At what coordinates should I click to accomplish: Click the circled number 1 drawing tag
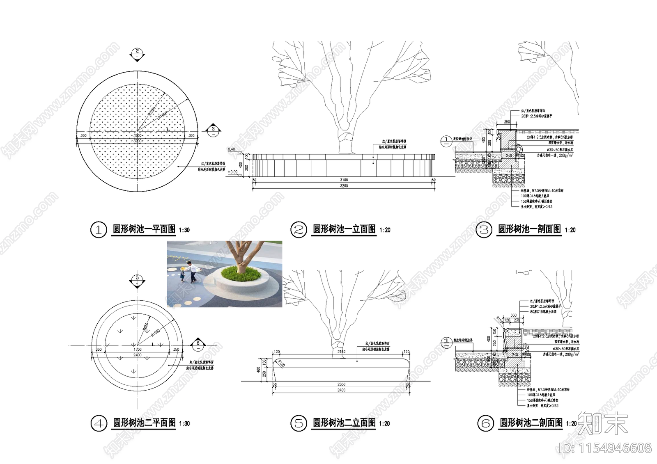point(98,230)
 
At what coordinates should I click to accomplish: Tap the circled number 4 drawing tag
point(99,423)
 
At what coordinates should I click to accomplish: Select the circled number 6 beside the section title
point(486,423)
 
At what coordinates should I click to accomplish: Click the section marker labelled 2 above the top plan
point(137,52)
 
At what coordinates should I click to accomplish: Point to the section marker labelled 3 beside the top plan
point(213,129)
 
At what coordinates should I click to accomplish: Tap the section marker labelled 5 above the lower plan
point(137,279)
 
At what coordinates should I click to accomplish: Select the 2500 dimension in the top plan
point(137,135)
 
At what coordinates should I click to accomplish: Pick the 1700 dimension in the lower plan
point(137,350)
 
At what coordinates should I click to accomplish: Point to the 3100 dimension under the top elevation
point(344,180)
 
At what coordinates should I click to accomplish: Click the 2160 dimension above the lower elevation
point(341,352)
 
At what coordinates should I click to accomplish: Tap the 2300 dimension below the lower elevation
point(341,384)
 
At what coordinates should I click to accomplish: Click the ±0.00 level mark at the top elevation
point(233,172)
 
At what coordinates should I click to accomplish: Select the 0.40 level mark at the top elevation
point(232,149)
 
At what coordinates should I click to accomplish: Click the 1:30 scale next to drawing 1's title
point(184,230)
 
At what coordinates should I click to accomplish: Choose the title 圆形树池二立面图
point(344,423)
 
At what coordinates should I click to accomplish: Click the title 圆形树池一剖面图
point(529,229)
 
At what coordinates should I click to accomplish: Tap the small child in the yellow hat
point(181,274)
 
